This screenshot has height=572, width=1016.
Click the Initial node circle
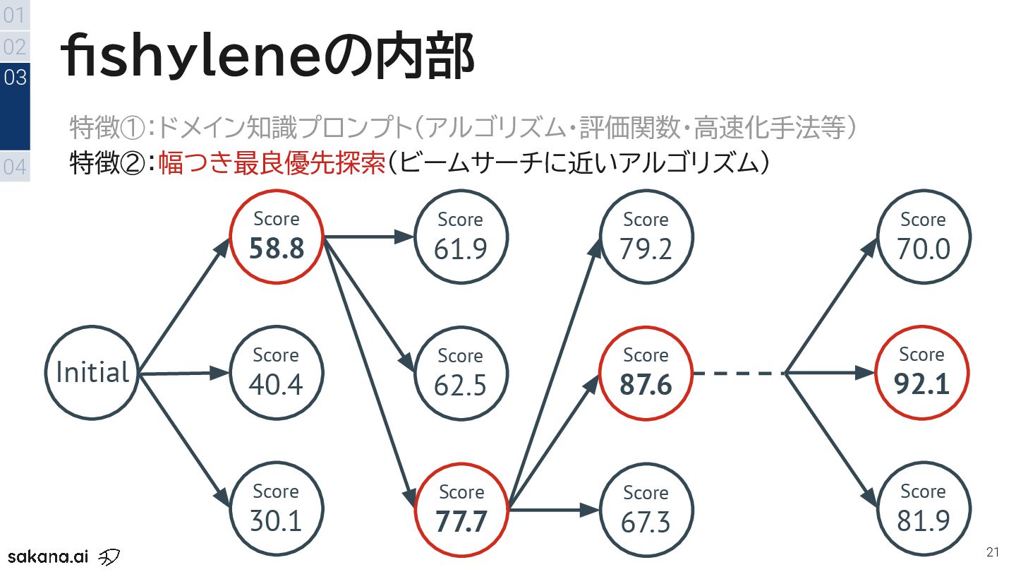(92, 372)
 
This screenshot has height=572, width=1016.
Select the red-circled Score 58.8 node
(277, 236)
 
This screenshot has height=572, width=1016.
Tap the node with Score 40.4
(277, 372)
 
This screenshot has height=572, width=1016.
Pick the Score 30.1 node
(277, 508)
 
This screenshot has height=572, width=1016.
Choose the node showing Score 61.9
(461, 236)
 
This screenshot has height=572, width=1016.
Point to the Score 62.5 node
(461, 373)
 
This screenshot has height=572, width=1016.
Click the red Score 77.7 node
(461, 509)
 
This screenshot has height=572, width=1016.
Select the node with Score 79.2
(646, 236)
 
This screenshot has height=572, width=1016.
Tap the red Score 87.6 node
(646, 372)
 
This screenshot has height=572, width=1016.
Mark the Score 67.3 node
(646, 509)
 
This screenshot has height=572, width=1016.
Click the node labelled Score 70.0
(923, 236)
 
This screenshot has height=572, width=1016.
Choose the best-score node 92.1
(922, 372)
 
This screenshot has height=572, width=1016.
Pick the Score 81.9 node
(923, 508)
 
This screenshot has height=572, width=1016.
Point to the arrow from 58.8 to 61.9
(368, 237)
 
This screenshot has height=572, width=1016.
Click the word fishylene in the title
(190, 56)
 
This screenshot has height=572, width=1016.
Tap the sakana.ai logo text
(48, 555)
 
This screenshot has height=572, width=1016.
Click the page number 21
(993, 552)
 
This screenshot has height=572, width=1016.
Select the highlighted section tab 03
(15, 77)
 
